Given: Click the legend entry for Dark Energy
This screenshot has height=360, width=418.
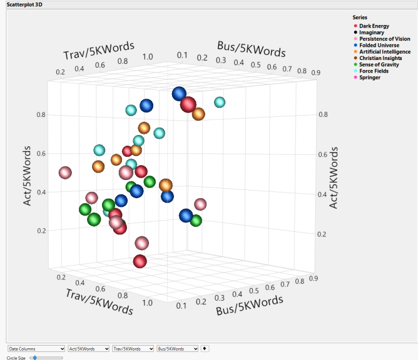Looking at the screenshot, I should pos(374,26).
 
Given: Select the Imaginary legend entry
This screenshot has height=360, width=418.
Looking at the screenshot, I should pos(372,32).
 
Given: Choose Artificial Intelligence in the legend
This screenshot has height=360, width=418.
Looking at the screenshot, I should pos(382,52).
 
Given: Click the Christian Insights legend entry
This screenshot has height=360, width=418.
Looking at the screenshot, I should pos(379,58).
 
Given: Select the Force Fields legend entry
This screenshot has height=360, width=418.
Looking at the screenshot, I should pos(374,71).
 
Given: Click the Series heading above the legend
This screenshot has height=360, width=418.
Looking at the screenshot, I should pos(360,17).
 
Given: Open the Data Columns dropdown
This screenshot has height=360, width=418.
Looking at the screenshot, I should pos(36,348).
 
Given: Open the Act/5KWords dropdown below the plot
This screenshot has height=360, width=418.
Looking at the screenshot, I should pos(88,348).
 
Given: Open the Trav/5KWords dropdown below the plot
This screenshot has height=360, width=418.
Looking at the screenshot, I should pos(133,348).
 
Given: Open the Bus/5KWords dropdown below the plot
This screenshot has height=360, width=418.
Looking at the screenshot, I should pos(178,348).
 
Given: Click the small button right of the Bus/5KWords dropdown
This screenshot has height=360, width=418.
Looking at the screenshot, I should pos(206,348).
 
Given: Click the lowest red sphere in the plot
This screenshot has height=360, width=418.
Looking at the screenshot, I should pos(140,261).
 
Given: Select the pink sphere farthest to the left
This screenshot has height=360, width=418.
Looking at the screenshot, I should pos(65,172).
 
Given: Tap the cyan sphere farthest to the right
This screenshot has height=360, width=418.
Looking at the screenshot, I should pos(220,102).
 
